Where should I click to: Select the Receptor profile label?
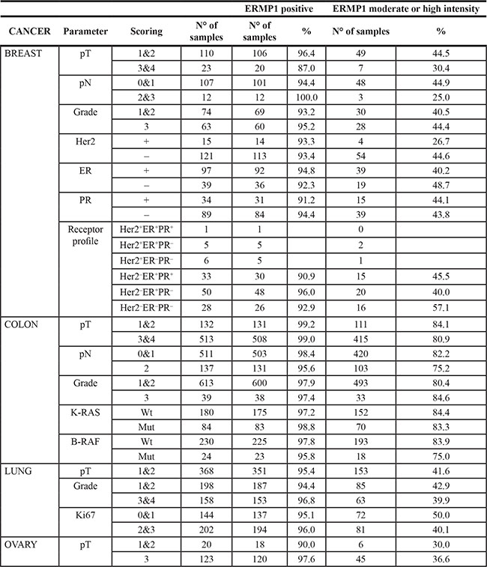coord(85,255)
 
